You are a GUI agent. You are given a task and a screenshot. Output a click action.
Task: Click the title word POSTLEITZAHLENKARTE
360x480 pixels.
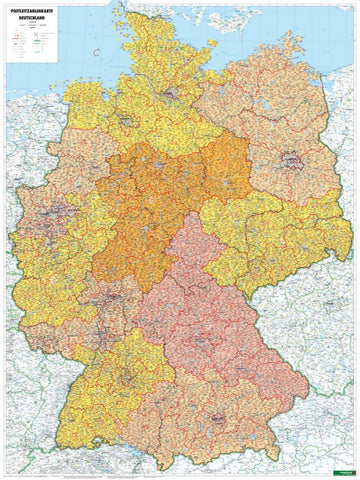[x=31, y=11]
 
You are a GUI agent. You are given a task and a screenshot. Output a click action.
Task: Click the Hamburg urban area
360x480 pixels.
[x=173, y=97]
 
